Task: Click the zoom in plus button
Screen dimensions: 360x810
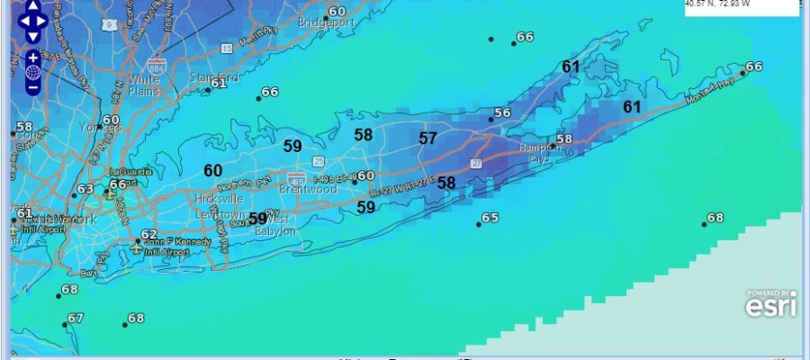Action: pyautogui.click(x=33, y=57)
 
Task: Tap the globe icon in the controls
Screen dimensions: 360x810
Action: pyautogui.click(x=33, y=72)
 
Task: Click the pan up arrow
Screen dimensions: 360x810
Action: pyautogui.click(x=32, y=4)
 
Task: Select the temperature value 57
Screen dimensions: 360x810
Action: pyautogui.click(x=427, y=139)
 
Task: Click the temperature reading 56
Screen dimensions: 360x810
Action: pyautogui.click(x=502, y=113)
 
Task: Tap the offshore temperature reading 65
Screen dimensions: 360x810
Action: pyautogui.click(x=490, y=219)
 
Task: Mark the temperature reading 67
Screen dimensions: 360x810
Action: pyautogui.click(x=76, y=319)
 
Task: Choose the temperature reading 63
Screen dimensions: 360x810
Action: pyautogui.click(x=85, y=190)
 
